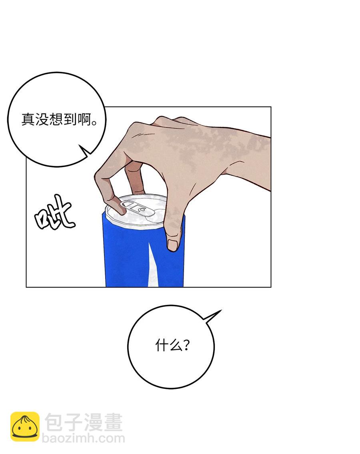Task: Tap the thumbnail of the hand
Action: [x=172, y=245]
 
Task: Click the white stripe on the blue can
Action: [x=153, y=265]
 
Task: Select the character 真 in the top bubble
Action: [x=28, y=119]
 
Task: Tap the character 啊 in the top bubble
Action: [x=84, y=119]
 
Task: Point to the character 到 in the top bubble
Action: [x=70, y=119]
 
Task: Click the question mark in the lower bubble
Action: [x=186, y=345]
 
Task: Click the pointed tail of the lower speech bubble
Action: [x=222, y=310]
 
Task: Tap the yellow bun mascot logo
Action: [x=25, y=426]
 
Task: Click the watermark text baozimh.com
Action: [x=84, y=438]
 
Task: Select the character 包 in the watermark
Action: [x=54, y=422]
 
